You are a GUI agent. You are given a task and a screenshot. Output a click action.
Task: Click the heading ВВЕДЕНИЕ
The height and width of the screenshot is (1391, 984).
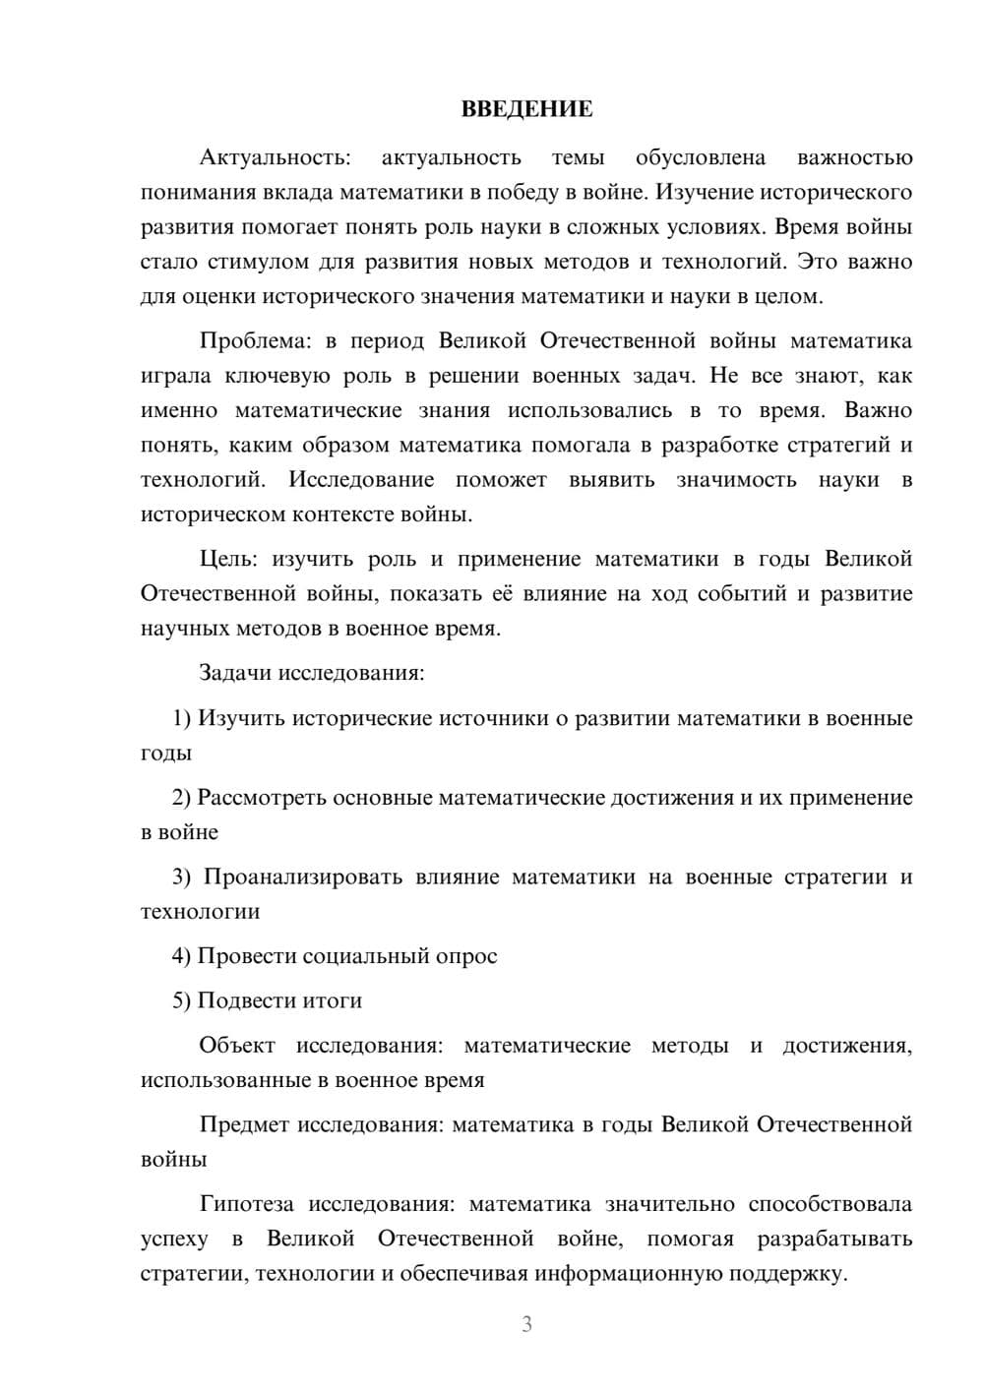(526, 109)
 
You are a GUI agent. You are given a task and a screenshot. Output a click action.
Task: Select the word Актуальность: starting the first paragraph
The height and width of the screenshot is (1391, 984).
(274, 157)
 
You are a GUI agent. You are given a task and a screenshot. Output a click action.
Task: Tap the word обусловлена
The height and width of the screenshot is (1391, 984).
(700, 157)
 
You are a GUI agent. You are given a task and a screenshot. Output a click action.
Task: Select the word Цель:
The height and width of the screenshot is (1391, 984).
(228, 560)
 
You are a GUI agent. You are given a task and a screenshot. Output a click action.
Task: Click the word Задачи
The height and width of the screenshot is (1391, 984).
(235, 674)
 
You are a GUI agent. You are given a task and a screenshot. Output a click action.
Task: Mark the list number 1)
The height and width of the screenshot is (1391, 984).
(182, 718)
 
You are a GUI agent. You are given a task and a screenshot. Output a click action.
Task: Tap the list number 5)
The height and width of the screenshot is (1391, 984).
(182, 1000)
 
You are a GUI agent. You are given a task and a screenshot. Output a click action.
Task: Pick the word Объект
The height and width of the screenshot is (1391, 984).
(237, 1046)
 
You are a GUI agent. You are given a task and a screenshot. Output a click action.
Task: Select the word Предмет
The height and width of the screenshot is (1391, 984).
(244, 1124)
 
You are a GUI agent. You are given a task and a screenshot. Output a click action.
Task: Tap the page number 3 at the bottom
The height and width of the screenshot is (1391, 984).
(526, 1324)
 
